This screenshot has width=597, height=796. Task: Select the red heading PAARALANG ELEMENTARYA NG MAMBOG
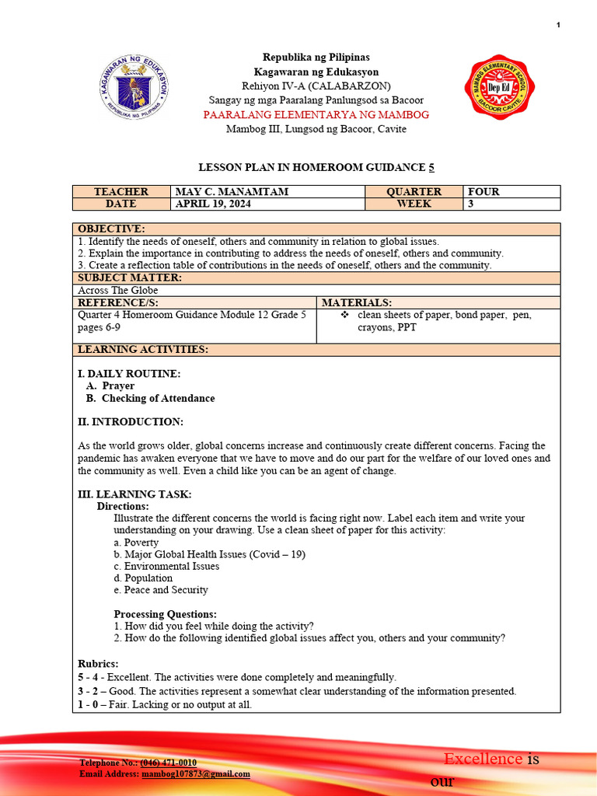(x=316, y=115)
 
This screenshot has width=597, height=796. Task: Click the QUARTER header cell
(x=414, y=192)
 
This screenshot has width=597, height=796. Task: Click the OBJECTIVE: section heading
(x=111, y=229)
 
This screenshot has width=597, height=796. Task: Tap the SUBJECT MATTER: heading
(x=130, y=278)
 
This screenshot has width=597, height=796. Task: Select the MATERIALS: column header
(x=357, y=302)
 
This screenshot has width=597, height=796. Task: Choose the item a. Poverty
(x=136, y=543)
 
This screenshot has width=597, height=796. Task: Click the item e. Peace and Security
(x=161, y=590)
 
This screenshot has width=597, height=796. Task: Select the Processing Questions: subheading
(x=165, y=614)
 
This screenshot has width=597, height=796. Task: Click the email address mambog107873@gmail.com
(x=195, y=774)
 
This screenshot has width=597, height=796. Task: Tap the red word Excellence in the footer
(x=483, y=759)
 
